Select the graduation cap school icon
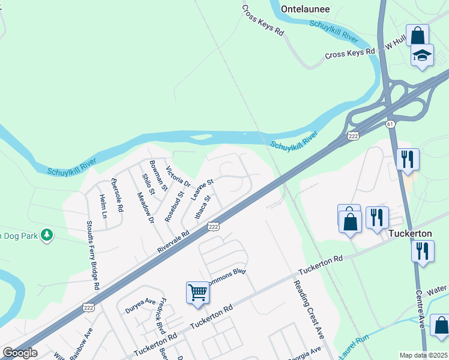(422, 56)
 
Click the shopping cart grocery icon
(197, 293)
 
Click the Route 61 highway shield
(391, 124)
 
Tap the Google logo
(20, 353)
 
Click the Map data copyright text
(424, 355)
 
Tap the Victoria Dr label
(178, 176)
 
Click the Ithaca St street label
(203, 207)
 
